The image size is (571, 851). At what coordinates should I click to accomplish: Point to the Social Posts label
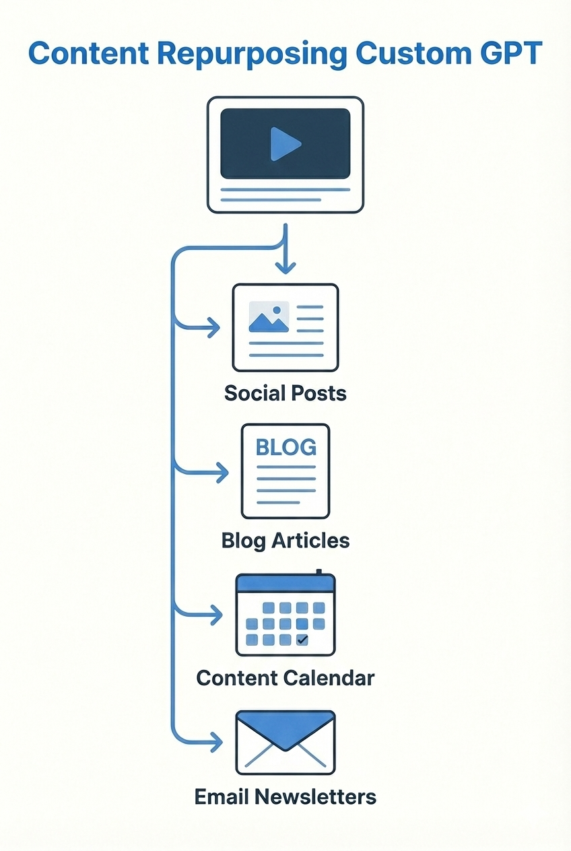click(x=285, y=393)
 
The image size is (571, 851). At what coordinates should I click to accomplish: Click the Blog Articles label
click(x=285, y=540)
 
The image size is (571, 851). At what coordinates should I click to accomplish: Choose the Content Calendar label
click(x=285, y=677)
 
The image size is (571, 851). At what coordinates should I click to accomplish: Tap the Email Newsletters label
click(x=285, y=797)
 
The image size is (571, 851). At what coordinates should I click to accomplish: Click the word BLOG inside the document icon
click(x=285, y=447)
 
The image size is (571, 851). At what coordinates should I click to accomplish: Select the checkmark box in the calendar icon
click(x=302, y=640)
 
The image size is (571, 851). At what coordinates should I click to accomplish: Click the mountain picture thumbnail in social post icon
click(x=269, y=316)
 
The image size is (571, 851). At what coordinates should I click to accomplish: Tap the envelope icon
click(x=285, y=743)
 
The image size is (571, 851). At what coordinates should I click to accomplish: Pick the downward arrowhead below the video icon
click(x=285, y=267)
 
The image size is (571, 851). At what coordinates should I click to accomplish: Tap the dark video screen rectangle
click(x=285, y=143)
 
